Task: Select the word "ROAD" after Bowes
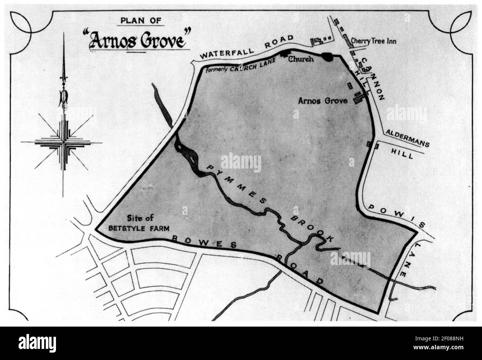300,270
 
